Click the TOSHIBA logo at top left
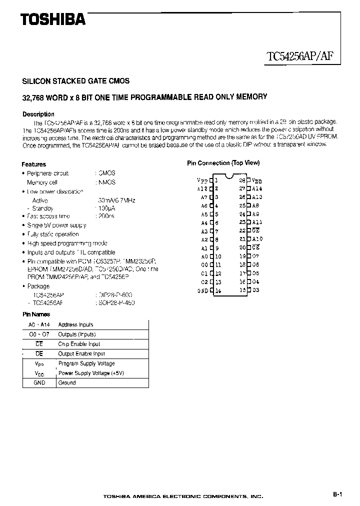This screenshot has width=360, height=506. (52, 19)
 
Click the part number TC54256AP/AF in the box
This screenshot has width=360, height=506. (301, 56)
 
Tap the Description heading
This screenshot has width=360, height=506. (38, 114)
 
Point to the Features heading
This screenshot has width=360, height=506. (34, 164)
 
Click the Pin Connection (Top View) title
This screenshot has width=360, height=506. (223, 163)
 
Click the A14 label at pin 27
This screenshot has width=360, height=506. (257, 188)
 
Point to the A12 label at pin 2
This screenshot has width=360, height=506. (202, 188)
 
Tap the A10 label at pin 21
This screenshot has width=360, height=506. (257, 239)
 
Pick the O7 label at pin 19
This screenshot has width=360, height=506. (255, 256)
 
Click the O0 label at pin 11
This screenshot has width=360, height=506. (204, 264)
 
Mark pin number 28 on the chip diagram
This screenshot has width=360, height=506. (242, 180)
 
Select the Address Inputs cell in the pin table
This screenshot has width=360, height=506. (75, 324)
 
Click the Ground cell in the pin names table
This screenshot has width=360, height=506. (67, 382)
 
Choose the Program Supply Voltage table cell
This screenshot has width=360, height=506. (86, 363)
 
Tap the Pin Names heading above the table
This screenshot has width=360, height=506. (36, 314)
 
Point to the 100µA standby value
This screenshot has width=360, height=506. (104, 208)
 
